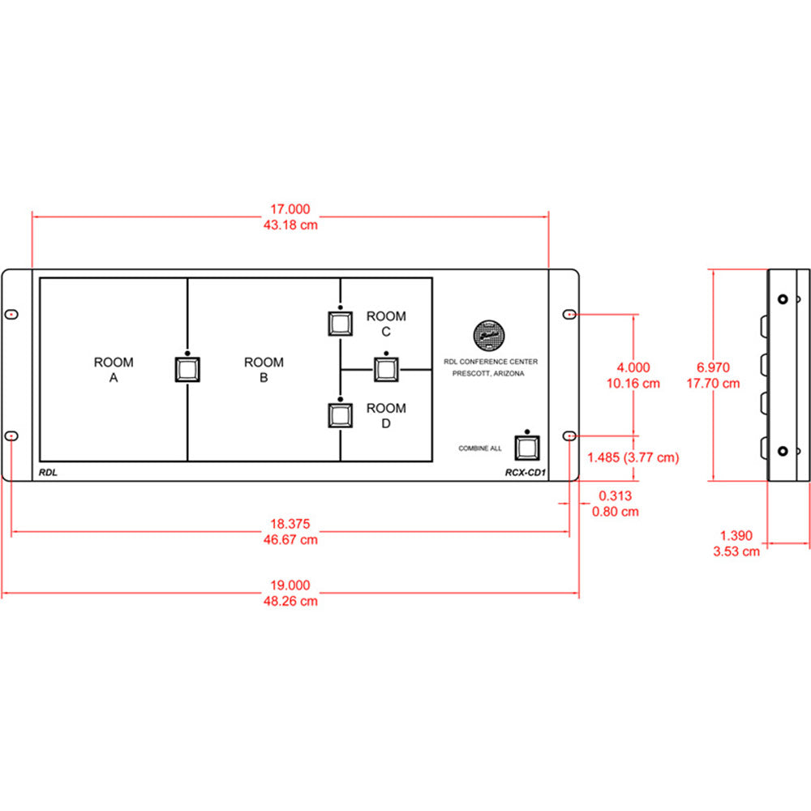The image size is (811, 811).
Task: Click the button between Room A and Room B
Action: point(188,370)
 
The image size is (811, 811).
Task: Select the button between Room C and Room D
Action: point(386,369)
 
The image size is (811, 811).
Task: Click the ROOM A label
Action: point(114,370)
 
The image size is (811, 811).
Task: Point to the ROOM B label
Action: point(264,370)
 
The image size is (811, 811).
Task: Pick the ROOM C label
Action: point(386,324)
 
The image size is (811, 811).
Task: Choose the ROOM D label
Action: point(386,416)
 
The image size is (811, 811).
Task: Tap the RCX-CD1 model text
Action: point(524,472)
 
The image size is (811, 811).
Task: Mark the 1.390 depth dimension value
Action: point(736,536)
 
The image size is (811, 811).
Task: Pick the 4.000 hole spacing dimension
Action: point(633,367)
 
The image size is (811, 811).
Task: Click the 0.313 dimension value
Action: point(616,496)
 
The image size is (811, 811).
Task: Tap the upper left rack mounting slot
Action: point(11,314)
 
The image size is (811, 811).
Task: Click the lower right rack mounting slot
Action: point(570,437)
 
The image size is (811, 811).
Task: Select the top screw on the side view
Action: point(782,299)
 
